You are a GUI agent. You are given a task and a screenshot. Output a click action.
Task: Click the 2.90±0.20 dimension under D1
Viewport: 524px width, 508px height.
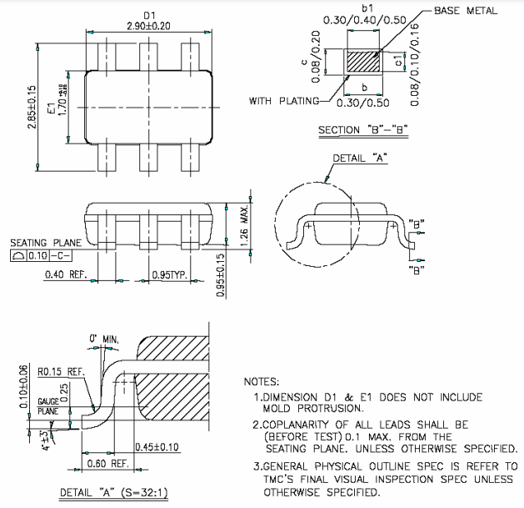click(149, 27)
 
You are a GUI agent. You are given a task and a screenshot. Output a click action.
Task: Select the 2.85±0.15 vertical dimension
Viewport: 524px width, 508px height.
click(32, 103)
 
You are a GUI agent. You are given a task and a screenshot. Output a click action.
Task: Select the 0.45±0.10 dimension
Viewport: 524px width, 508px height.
click(179, 447)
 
